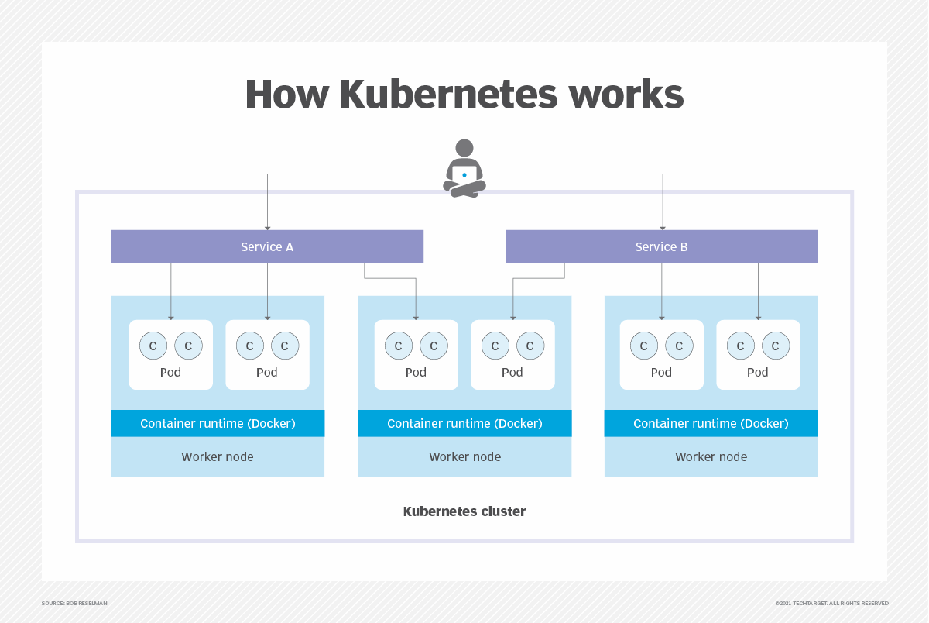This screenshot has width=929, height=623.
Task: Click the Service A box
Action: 267,246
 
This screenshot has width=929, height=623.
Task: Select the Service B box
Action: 661,246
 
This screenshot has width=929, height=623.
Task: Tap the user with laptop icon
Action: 464,169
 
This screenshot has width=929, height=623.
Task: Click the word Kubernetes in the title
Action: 449,95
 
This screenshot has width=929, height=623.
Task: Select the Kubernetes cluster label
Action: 464,511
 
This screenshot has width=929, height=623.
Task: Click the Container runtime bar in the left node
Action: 218,424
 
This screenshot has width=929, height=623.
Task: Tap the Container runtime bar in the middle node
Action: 464,424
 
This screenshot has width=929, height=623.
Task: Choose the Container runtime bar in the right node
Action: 711,424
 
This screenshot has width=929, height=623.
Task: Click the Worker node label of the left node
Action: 218,457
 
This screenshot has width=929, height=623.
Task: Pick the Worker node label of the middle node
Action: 464,457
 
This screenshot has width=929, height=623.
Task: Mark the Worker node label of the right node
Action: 711,457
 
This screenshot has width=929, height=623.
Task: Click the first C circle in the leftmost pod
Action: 153,346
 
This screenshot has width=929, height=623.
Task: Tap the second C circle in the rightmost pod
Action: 776,346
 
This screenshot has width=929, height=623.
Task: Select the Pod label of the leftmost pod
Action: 170,373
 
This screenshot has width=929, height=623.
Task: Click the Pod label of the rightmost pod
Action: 757,373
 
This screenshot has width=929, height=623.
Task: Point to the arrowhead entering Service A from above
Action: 267,228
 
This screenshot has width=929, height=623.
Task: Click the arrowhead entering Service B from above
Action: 662,228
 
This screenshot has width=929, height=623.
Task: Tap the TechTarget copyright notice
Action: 831,603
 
